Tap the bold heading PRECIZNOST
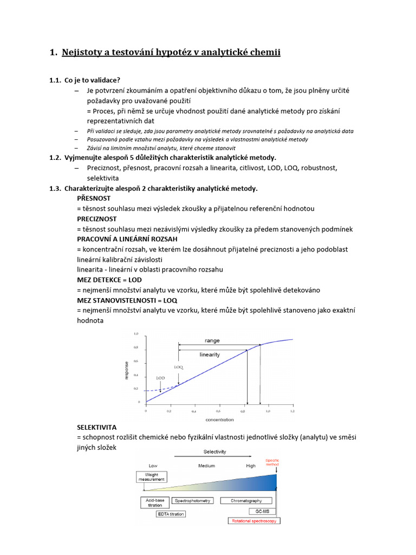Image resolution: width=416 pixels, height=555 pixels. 97,218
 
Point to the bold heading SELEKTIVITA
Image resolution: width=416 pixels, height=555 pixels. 97,427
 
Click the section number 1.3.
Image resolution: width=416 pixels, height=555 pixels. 55,188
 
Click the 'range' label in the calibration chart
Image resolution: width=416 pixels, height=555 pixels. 212,340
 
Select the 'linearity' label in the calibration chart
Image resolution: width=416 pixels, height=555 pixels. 210,354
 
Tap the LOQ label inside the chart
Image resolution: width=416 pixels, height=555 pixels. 179,367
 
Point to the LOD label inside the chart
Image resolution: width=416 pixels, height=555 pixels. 160,377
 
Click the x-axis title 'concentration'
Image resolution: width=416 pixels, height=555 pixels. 219,419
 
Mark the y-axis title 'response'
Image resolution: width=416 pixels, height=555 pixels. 127,369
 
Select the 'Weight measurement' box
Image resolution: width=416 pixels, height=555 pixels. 151,476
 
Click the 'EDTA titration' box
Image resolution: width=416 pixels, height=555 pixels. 171,513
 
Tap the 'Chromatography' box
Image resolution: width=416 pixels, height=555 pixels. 246,501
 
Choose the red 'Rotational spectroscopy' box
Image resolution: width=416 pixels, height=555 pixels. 253,521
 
